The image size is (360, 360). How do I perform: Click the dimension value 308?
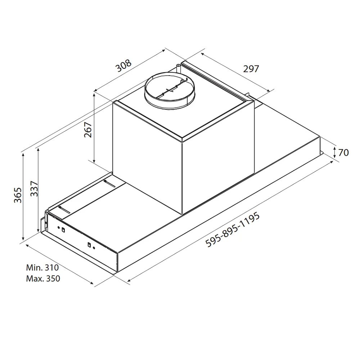pos(123,66)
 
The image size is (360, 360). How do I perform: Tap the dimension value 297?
pos(251,69)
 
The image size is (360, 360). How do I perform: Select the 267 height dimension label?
pos(88,130)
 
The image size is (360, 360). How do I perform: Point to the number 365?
pos(18,195)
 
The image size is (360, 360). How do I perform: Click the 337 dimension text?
pos(34,189)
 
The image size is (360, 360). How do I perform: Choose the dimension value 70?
pos(343,153)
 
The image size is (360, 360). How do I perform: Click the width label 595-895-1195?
pos(233,230)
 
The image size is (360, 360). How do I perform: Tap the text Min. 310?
pos(42,267)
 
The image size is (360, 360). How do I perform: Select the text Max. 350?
pos(43,279)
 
